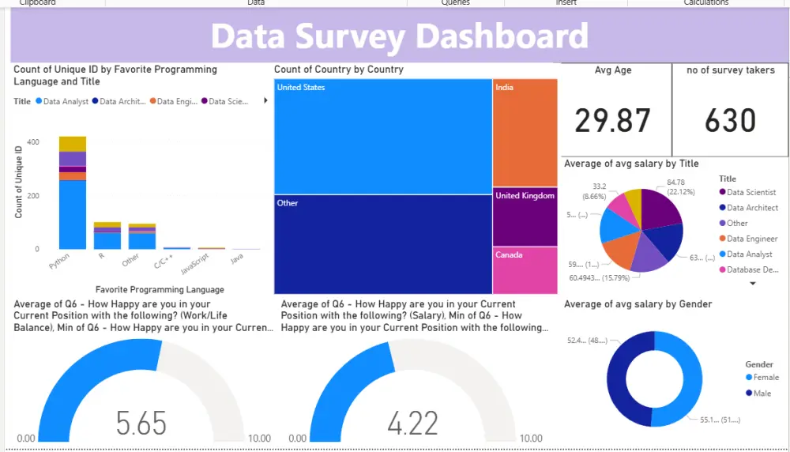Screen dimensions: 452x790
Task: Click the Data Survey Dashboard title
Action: pos(399,36)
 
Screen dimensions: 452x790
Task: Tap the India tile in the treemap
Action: pos(525,132)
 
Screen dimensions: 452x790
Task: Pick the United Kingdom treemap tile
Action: pos(525,217)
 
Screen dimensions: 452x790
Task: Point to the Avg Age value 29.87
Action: pos(612,121)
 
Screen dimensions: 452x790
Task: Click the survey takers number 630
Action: pos(730,121)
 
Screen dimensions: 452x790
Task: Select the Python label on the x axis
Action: pos(59,261)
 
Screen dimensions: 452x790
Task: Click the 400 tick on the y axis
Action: pos(33,142)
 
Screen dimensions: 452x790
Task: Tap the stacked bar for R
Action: pos(107,235)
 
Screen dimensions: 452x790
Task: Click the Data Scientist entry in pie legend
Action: pos(750,192)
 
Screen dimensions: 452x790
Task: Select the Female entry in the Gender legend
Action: pos(766,378)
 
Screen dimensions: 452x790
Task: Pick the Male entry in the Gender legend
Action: pos(762,393)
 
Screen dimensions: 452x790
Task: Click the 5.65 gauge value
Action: pos(141,423)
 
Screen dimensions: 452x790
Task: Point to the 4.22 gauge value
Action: pos(412,423)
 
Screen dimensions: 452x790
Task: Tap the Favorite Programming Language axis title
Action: pos(160,289)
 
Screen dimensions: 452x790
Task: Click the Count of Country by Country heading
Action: pos(338,70)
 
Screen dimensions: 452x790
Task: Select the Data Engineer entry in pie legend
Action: pos(751,239)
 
